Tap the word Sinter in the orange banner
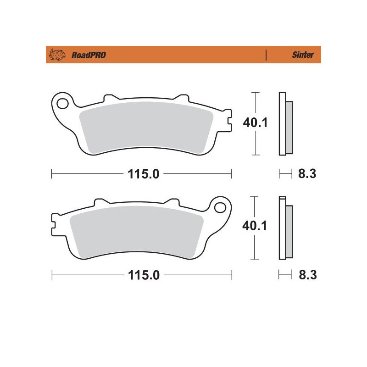pos(303,55)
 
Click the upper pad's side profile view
pos(285,124)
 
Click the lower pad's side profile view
pos(285,227)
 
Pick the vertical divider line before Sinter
pos(266,55)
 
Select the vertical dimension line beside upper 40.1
pos(255,101)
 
